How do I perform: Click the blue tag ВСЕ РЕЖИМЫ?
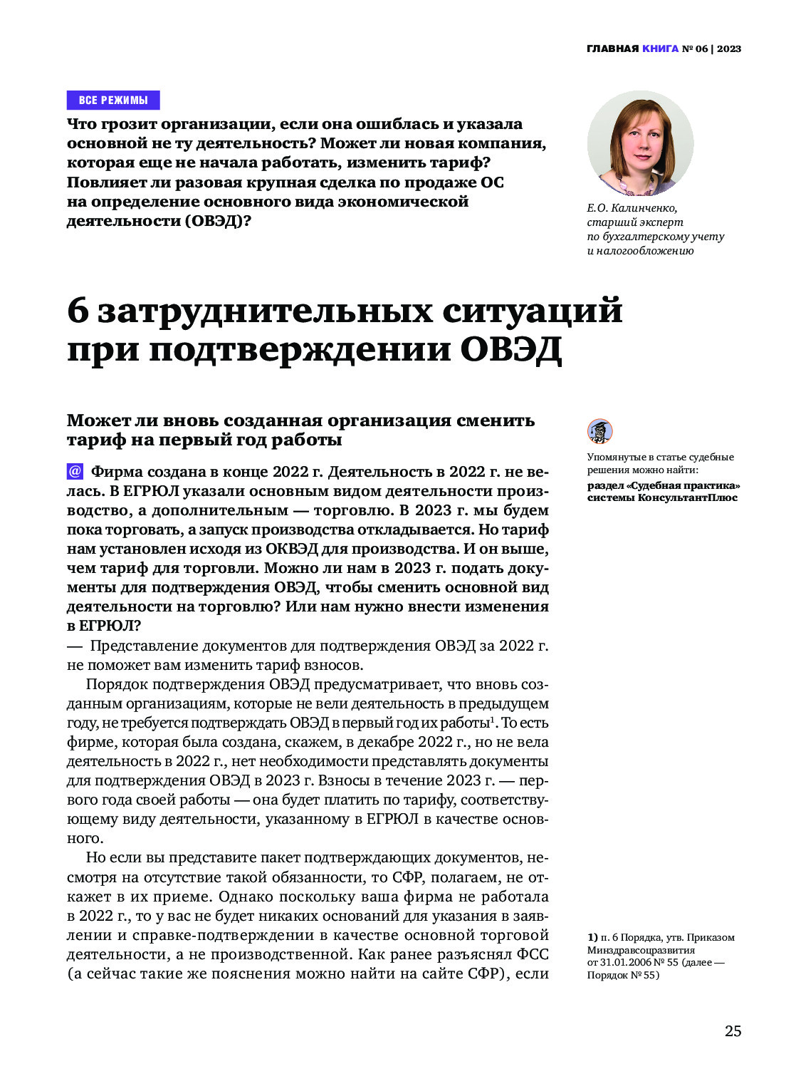tap(113, 100)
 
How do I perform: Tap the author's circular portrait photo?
tap(640, 143)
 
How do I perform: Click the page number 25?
tap(733, 1031)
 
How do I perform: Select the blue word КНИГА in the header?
tap(660, 49)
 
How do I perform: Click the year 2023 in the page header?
tap(729, 49)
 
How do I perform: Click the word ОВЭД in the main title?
tap(510, 350)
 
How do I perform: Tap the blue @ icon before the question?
tap(75, 472)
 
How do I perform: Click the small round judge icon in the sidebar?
tap(599, 431)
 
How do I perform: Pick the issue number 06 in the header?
tap(701, 49)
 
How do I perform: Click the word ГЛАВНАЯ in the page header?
tap(612, 49)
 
